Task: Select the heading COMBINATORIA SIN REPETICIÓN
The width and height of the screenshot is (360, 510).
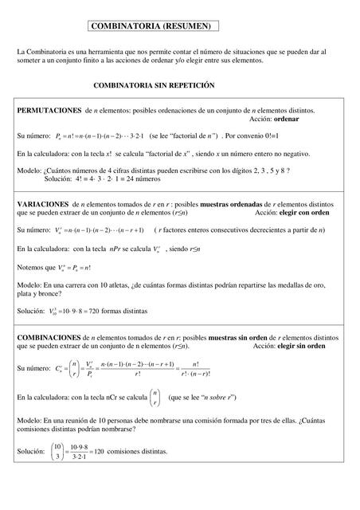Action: point(154,84)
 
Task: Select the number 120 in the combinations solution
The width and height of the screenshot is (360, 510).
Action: point(99,451)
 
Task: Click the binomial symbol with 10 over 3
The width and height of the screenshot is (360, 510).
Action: point(57,451)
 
